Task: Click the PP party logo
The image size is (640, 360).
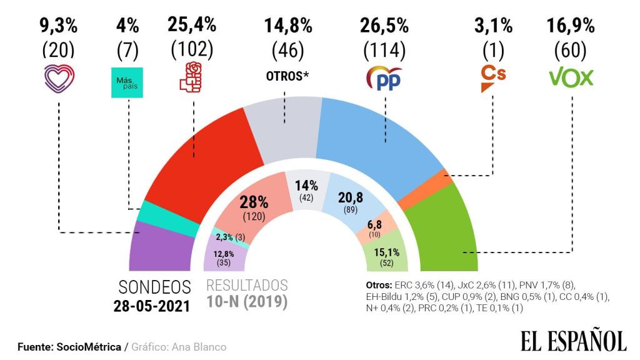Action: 384,78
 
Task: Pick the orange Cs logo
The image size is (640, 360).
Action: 492,79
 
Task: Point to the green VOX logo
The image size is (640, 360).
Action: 571,77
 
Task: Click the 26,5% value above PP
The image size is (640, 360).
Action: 384,26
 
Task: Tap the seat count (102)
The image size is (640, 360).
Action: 191,49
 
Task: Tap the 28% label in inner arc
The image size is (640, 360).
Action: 254,202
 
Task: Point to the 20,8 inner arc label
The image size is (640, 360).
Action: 351,199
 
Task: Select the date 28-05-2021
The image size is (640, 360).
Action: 152,306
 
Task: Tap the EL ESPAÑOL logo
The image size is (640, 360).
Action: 573,341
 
